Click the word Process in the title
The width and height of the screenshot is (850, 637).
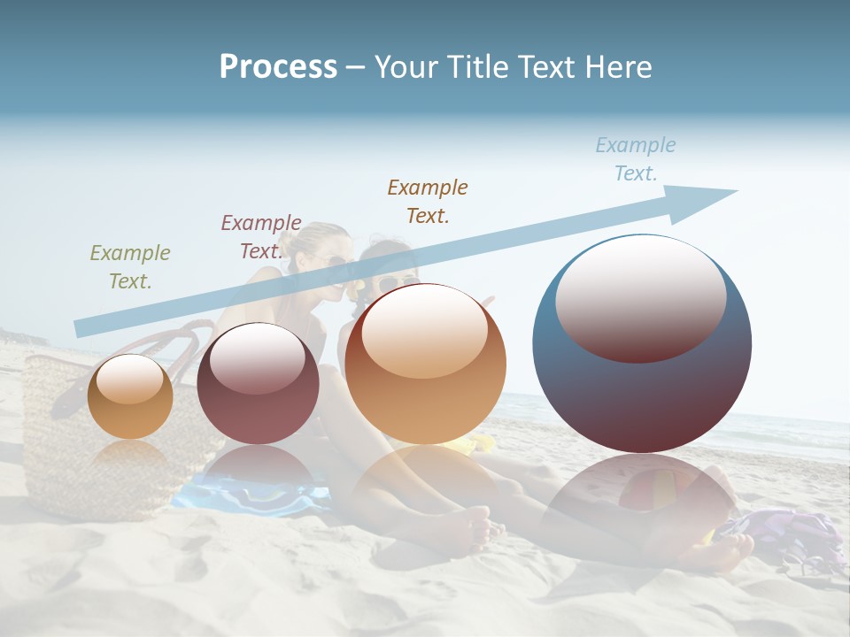click(278, 66)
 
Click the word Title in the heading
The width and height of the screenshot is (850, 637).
click(477, 66)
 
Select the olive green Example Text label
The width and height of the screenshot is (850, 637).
click(130, 267)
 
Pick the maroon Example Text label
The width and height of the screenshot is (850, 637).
click(261, 237)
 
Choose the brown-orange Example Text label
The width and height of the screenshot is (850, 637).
click(428, 201)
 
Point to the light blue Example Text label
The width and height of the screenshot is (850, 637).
click(636, 159)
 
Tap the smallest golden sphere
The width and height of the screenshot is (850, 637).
click(130, 396)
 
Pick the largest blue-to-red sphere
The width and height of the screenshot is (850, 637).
click(642, 389)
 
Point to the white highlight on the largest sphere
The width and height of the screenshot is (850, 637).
click(641, 296)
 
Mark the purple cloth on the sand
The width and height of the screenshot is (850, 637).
click(779, 531)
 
